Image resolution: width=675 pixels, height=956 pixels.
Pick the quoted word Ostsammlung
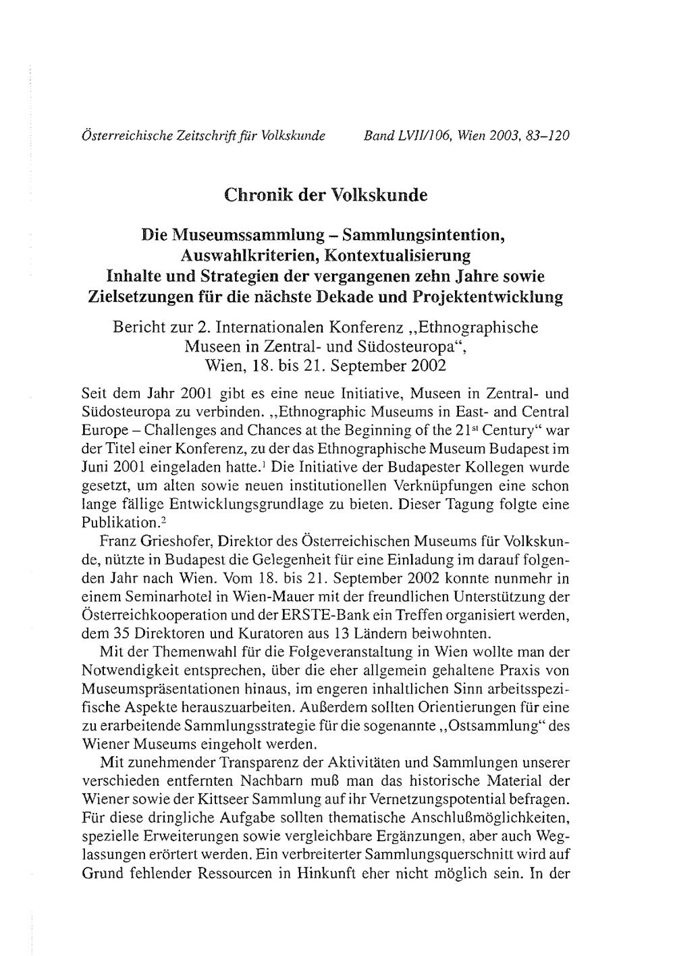(x=486, y=726)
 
